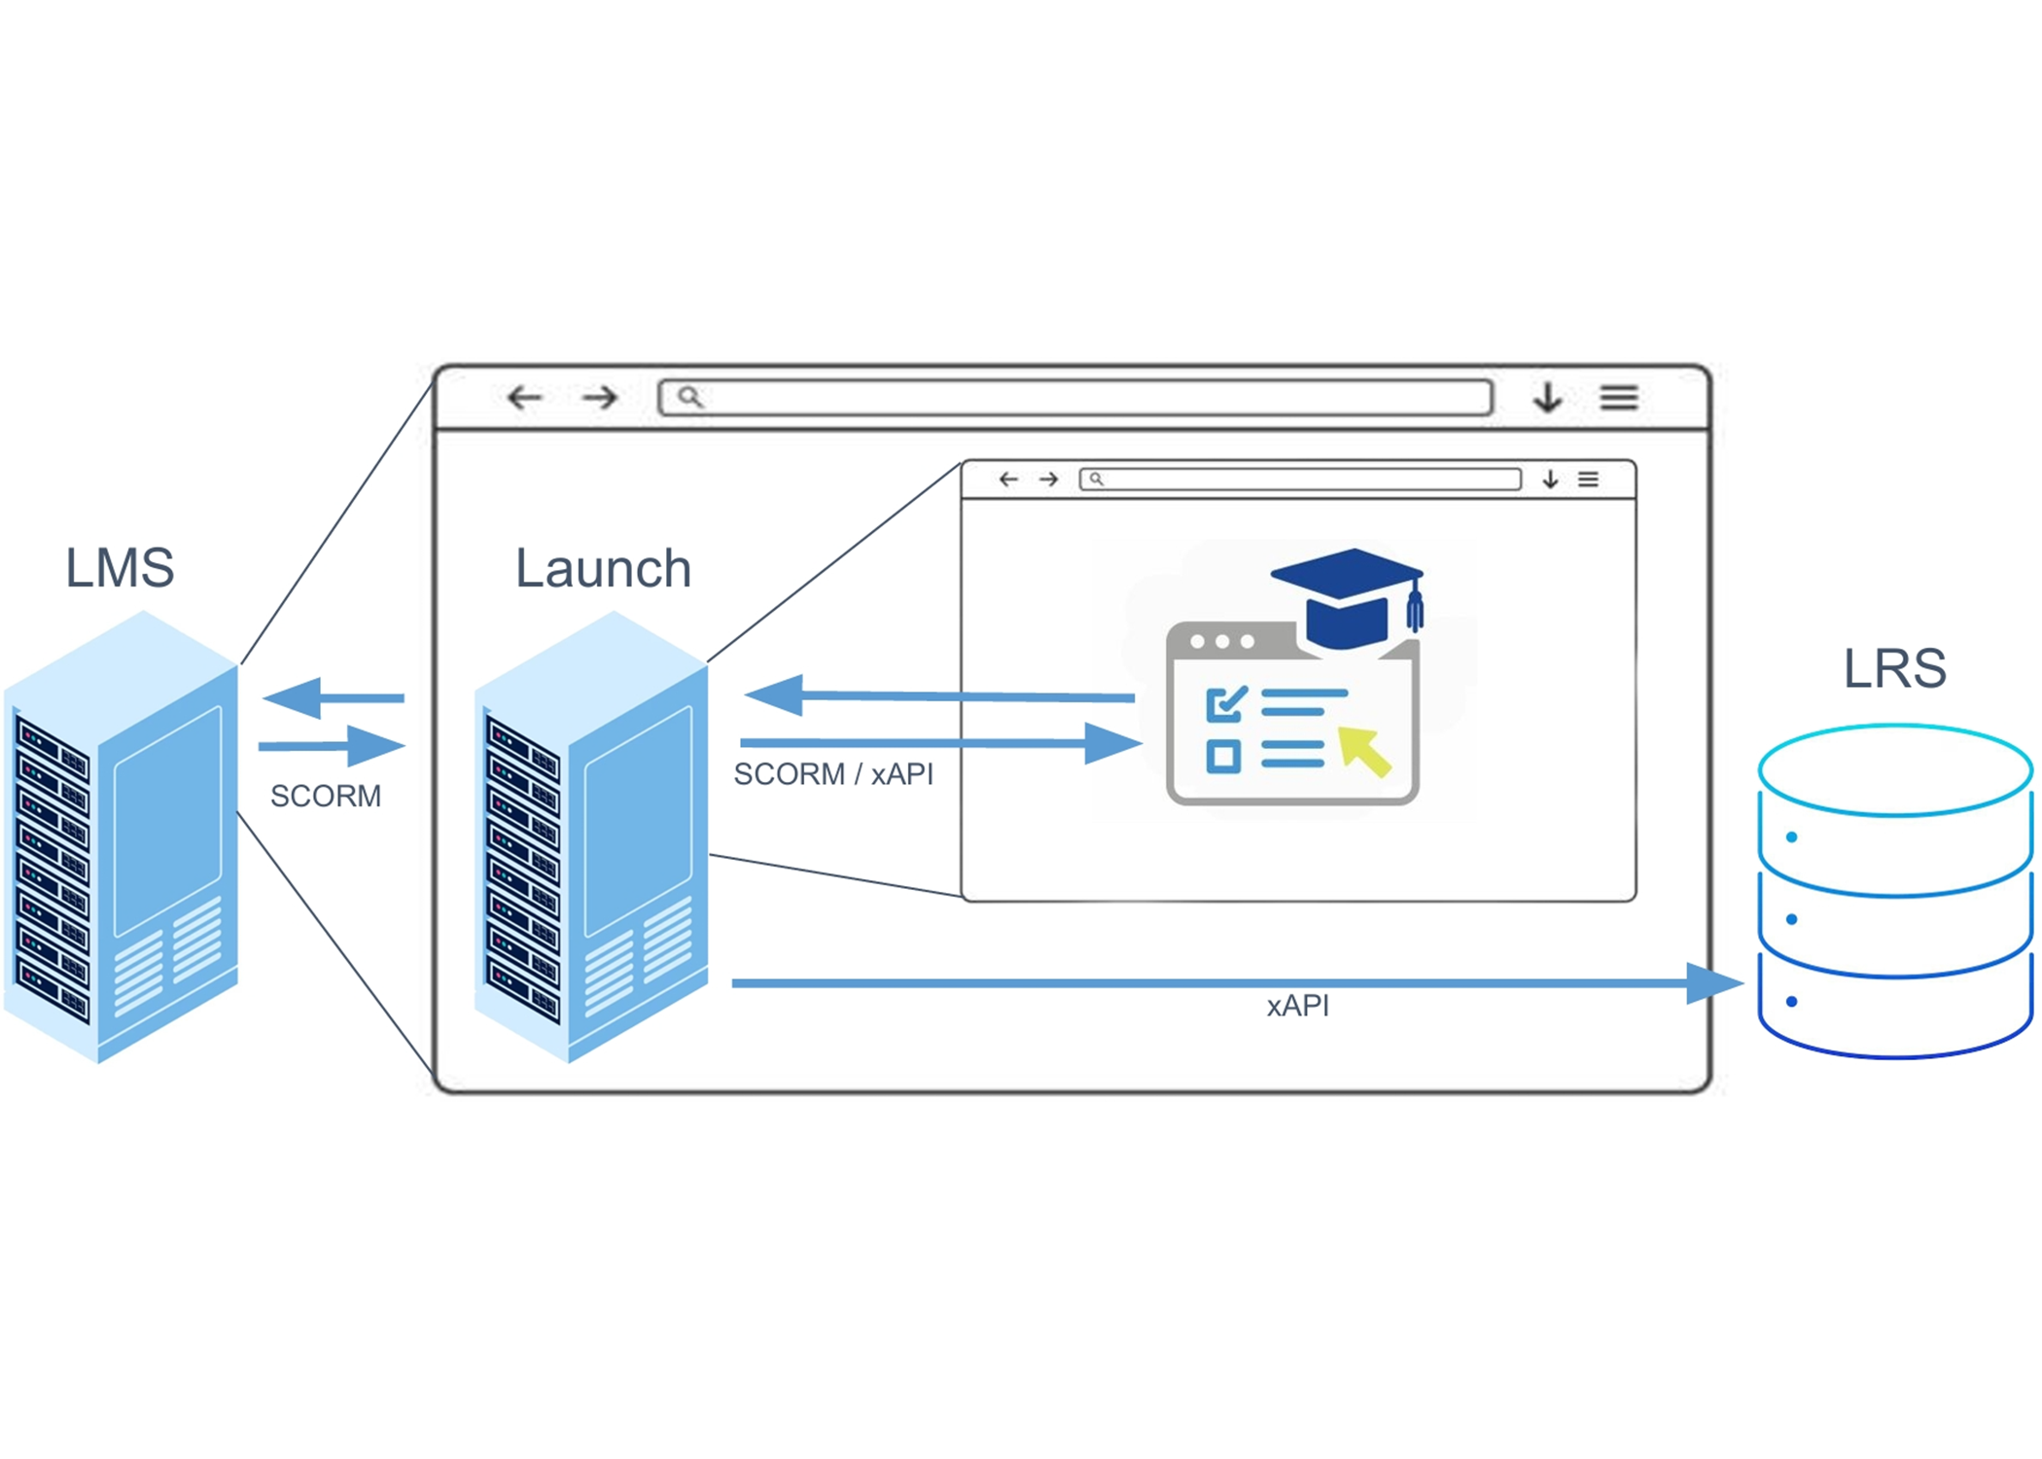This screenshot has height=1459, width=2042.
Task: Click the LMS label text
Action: (120, 567)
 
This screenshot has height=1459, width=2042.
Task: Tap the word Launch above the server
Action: (603, 568)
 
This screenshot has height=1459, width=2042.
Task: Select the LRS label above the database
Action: (1894, 668)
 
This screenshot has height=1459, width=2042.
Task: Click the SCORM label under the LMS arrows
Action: (325, 796)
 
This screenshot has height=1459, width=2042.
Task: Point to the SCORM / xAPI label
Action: (832, 774)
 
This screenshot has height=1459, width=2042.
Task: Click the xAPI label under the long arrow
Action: (1297, 1006)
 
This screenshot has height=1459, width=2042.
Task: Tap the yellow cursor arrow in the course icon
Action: (1363, 751)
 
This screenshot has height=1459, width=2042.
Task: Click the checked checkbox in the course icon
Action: (1224, 704)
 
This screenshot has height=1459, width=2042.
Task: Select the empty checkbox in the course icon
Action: (1223, 756)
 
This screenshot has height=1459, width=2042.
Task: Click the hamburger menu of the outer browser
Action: (1619, 398)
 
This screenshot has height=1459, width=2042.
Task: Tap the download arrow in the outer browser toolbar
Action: (1548, 398)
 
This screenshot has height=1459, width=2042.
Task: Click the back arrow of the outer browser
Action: (525, 397)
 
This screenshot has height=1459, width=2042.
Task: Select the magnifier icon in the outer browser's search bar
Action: (689, 397)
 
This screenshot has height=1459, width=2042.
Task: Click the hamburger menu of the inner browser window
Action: (1588, 480)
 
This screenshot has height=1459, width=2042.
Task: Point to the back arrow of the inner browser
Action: (1008, 480)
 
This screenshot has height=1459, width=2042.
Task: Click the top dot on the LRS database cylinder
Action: (1791, 836)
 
